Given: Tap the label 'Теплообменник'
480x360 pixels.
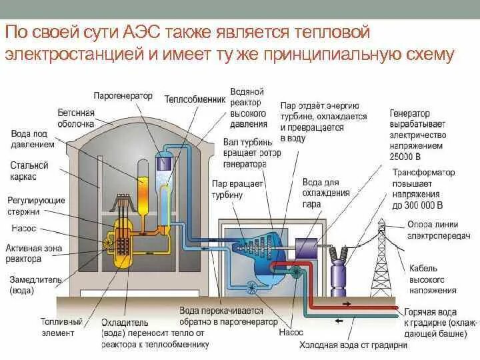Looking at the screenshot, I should coord(193,98).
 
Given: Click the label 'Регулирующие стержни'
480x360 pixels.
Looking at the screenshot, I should coord(36,205).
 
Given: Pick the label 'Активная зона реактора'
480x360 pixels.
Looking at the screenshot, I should coord(33,253).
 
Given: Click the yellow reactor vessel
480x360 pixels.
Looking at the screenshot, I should coord(123,241).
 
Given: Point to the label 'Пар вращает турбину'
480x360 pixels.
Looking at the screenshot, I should coord(239,189).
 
